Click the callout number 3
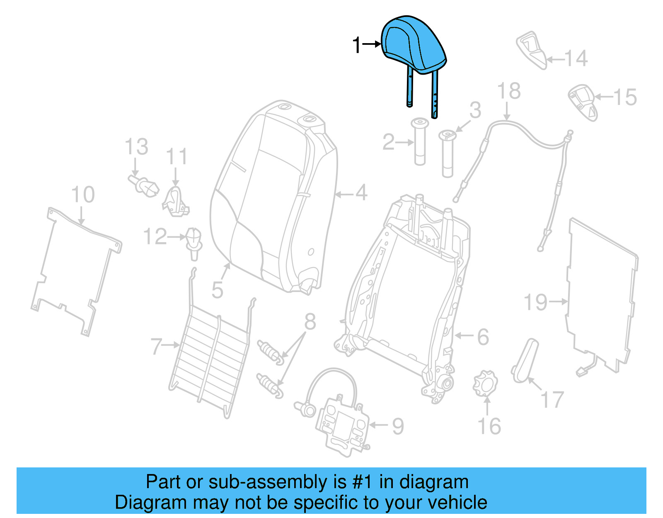[475, 110]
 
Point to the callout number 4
[361, 193]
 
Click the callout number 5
[218, 290]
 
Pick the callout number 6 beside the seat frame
[483, 337]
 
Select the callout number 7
[156, 346]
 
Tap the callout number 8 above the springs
[310, 322]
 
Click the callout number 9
[398, 426]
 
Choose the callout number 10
[83, 195]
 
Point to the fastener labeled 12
[194, 243]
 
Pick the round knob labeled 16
[485, 384]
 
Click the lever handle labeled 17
[525, 361]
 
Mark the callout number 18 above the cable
[509, 91]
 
